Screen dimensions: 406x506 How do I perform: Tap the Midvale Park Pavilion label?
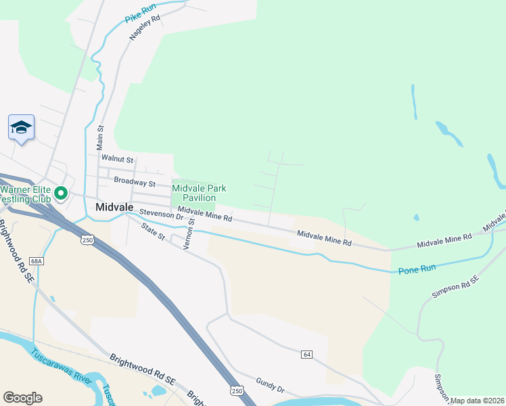tap(199, 193)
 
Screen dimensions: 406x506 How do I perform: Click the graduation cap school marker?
tap(21, 127)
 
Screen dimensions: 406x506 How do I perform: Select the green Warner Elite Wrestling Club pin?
tap(60, 194)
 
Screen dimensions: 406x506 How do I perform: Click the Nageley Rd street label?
tap(144, 28)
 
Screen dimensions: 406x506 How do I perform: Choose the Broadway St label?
tap(135, 181)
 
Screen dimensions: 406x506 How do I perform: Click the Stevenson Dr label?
tap(161, 215)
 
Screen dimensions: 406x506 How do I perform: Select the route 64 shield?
tap(306, 355)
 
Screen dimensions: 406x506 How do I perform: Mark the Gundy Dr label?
tap(270, 386)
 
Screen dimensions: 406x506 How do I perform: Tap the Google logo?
tap(22, 398)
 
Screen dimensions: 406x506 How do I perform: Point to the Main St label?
tap(99, 137)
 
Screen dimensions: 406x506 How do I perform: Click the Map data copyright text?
tap(478, 401)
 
